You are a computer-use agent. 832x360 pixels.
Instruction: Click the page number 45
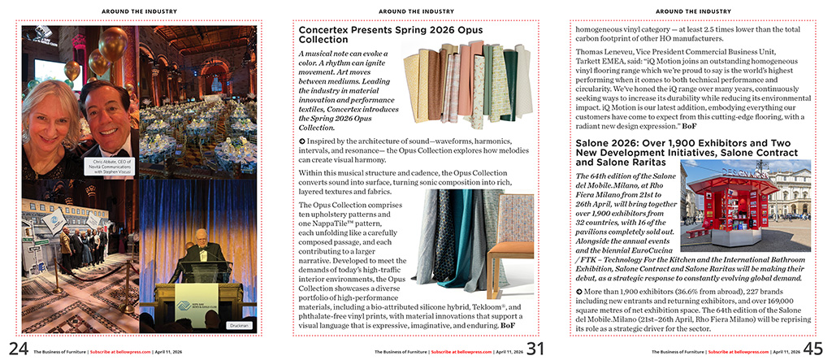812,349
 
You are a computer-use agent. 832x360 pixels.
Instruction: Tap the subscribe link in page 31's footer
460,352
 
